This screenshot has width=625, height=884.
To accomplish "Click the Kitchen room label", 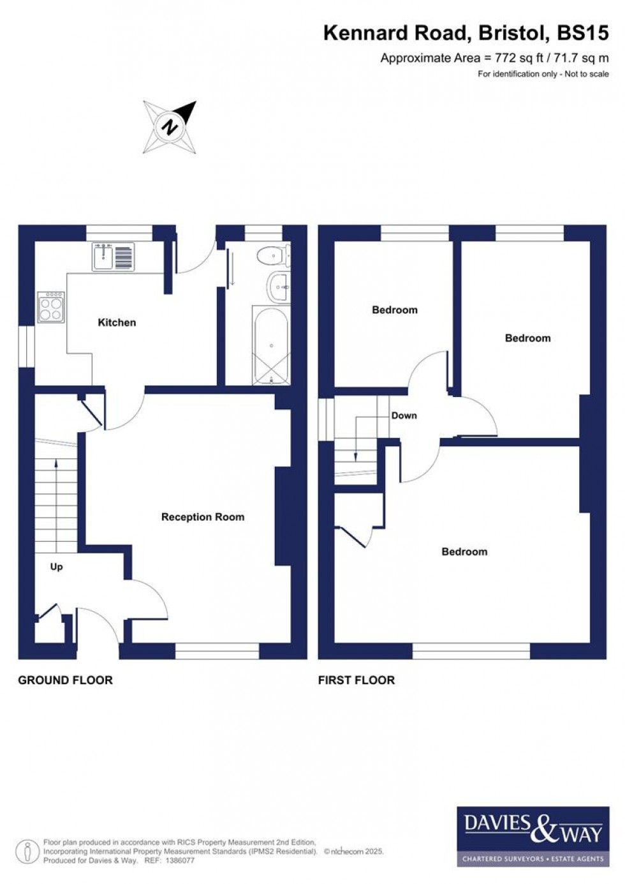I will [117, 322].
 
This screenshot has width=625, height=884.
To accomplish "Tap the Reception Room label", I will [202, 517].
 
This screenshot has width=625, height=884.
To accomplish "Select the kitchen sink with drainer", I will [113, 257].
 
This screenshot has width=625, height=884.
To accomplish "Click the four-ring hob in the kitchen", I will [51, 307].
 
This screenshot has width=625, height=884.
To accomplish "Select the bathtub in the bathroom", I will [272, 347].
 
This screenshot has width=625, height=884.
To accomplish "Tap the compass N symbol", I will [170, 127].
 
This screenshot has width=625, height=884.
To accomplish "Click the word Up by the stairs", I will [57, 567].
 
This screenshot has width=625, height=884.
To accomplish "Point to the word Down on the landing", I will [404, 416].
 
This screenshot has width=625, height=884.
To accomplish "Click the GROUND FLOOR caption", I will [65, 680].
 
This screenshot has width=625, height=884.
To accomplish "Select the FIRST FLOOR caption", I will [356, 680].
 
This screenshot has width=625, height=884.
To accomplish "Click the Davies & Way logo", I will [529, 836].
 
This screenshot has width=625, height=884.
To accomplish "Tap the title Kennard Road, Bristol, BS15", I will [466, 33].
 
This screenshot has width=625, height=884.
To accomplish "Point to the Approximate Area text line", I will [494, 58].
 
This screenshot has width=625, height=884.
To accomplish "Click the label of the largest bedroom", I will [464, 551].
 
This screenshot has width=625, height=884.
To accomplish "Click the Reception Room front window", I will [217, 650].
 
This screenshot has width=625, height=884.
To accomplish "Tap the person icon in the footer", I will [27, 851].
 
